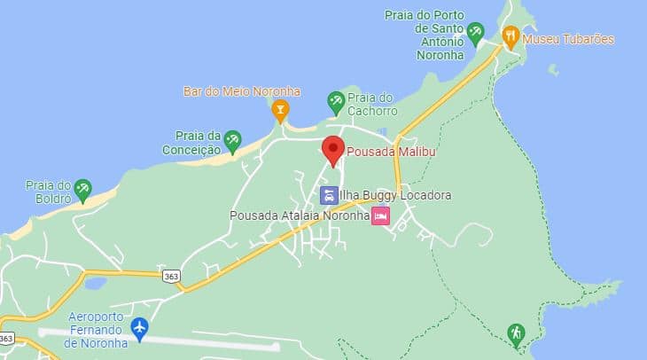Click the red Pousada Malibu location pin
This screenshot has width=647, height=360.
pos(332,150)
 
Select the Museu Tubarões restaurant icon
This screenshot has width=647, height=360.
pos(510,37)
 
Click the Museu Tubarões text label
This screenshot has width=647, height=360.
pos(568,39)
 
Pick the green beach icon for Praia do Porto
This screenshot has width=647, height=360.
pos(476,35)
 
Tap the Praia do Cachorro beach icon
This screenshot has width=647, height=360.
pos(336,102)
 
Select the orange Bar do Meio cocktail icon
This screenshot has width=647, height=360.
pos(281,111)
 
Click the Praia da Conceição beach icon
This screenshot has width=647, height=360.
pos(232,140)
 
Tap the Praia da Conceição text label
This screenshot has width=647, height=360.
pos(189,143)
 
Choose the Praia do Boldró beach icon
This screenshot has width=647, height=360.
pos(82,189)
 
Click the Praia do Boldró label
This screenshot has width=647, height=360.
pos(48,191)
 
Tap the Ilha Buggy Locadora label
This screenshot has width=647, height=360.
pos(395,195)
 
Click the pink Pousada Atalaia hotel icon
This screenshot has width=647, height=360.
pos(380,215)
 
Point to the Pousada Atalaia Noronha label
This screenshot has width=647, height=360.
pos(299,215)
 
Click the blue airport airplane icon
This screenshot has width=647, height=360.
pos(139,328)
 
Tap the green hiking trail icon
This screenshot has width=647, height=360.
pos(515,334)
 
